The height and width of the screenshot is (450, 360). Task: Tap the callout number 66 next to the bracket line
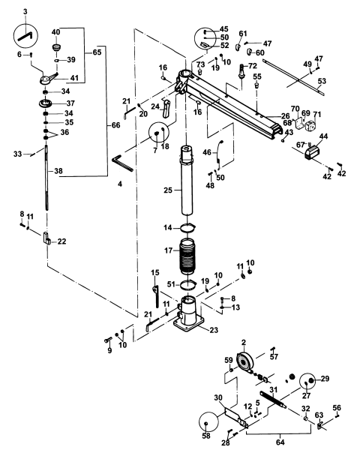click(x=94, y=124)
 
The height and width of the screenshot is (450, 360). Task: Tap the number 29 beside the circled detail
click(x=324, y=379)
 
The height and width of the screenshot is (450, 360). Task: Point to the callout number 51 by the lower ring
click(x=171, y=284)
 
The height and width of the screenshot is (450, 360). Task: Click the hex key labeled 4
click(x=120, y=163)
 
